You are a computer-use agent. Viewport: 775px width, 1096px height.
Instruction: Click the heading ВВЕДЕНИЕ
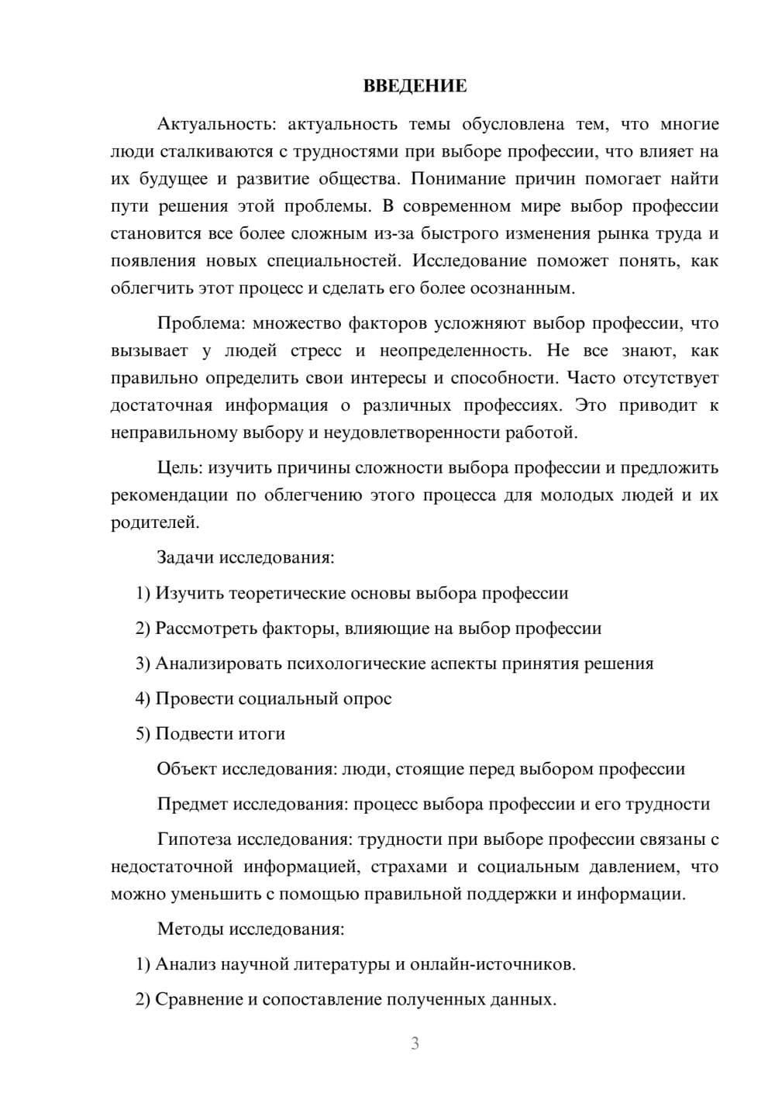pos(415,86)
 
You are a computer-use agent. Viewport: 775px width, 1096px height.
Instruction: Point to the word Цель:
pos(179,467)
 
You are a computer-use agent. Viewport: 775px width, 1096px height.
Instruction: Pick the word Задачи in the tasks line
pos(185,557)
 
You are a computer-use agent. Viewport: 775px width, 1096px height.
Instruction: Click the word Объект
pos(187,769)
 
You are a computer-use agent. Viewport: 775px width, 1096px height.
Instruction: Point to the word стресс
pos(315,350)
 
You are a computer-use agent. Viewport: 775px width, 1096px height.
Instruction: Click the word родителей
pos(155,522)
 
